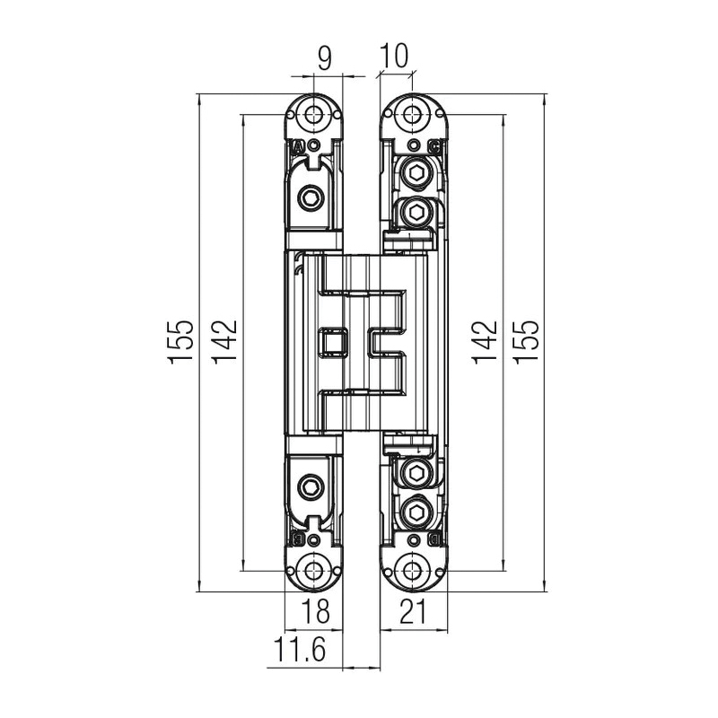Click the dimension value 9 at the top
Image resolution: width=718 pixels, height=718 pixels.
[324, 58]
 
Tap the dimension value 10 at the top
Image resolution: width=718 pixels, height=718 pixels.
[393, 56]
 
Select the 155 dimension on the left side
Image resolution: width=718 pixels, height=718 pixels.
[181, 342]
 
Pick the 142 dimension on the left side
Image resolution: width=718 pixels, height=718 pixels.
[224, 340]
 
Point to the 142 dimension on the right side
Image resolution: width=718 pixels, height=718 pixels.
[485, 342]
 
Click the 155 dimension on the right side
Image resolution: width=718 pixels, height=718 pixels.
[526, 342]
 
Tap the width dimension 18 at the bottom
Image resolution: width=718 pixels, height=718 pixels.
[316, 611]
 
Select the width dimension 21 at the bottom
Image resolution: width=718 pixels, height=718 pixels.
[413, 611]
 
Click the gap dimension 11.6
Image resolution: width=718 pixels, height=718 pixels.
[300, 649]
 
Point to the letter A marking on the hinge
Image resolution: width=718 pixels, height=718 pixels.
[298, 147]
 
